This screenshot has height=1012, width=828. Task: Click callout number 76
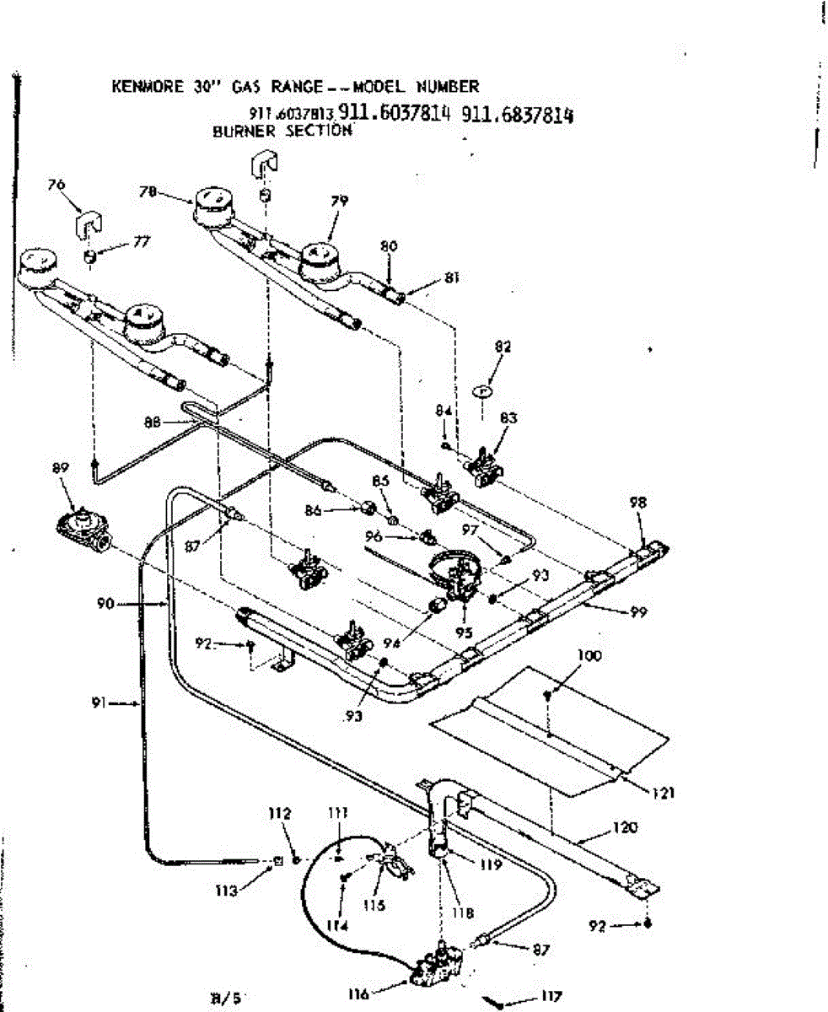(57, 186)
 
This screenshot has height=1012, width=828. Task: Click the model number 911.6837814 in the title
(517, 116)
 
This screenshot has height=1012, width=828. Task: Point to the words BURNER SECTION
(281, 132)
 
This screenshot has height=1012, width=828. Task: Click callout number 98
(637, 502)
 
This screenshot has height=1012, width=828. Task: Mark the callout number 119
(492, 864)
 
